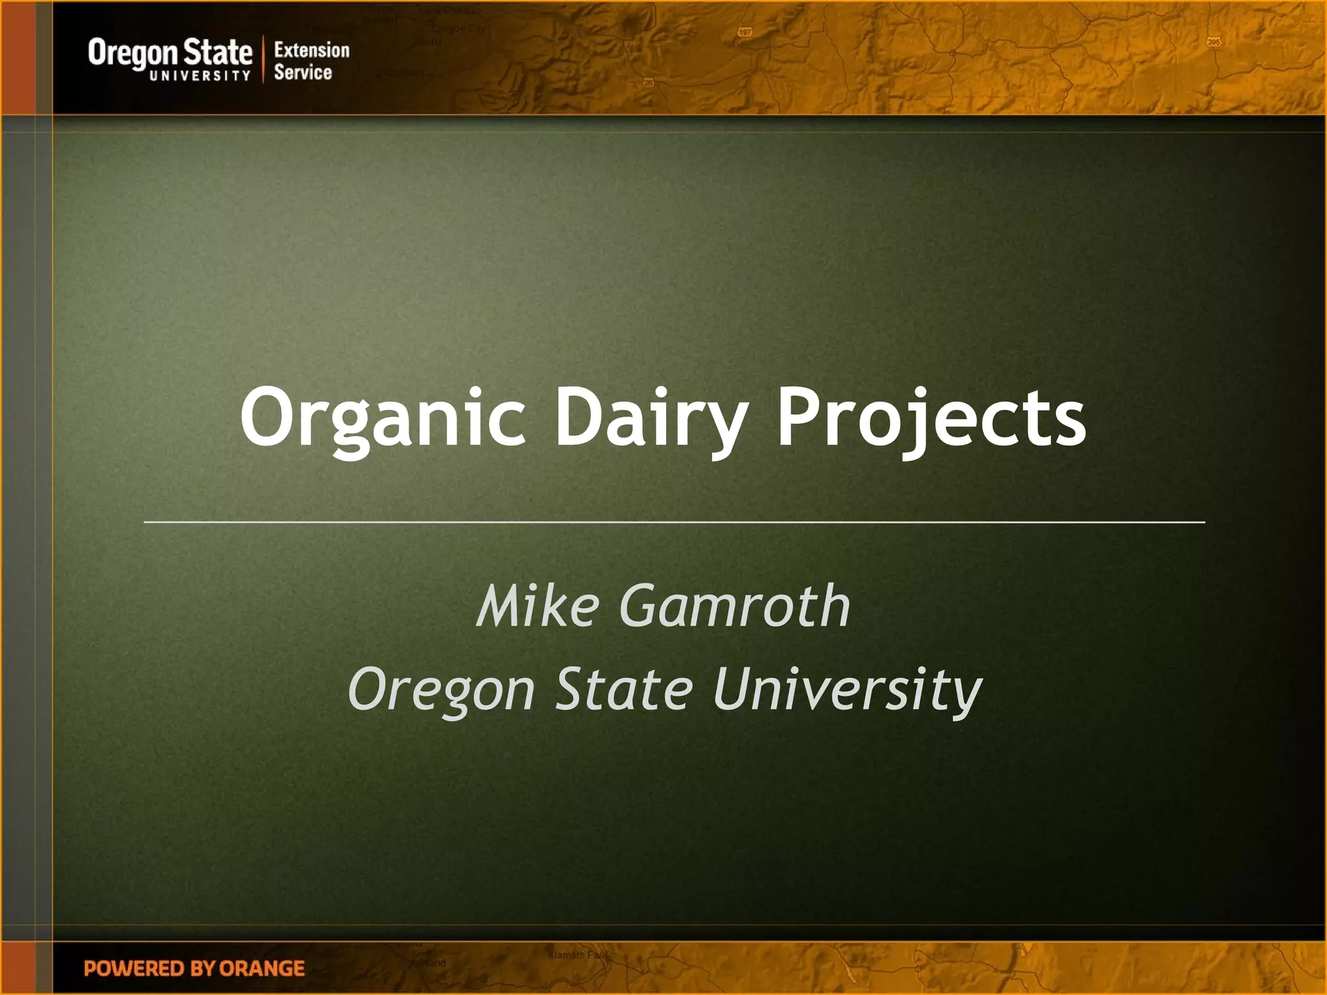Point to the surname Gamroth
pos(735,606)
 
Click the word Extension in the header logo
pos(312,50)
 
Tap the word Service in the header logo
pos(303,72)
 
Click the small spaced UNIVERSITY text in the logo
pos(200,76)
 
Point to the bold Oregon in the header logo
pos(132,53)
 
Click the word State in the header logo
pos(217,52)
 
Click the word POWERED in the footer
pos(135,968)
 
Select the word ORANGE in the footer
pos(262,968)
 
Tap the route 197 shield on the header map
pos(745,32)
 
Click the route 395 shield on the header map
pos(1214,42)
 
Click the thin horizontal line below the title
pos(674,521)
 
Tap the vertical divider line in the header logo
pos(264,59)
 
